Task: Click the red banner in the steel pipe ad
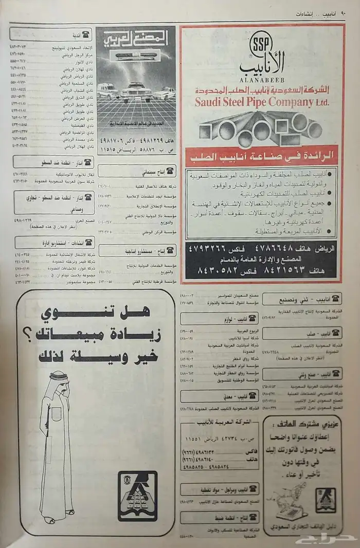click(x=261, y=154)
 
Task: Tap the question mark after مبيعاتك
click(x=32, y=335)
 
